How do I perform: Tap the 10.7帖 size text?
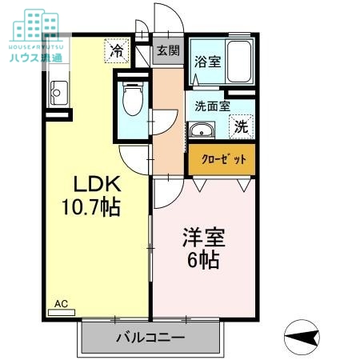(91, 207)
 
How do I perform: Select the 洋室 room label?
(204, 238)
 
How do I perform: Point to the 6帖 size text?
(204, 260)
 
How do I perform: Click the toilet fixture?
(132, 99)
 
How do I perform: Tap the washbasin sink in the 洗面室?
(201, 130)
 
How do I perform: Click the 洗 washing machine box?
(241, 126)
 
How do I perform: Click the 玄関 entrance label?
(168, 52)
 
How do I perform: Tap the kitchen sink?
(58, 97)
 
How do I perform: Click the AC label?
(61, 304)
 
